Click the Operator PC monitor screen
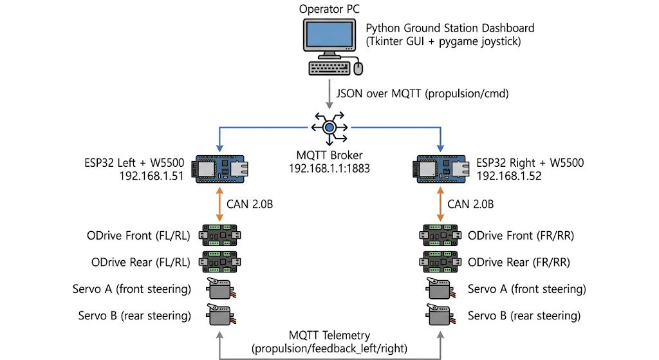pyautogui.click(x=329, y=35)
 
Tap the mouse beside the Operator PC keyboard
pyautogui.click(x=358, y=68)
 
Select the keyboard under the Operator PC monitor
pyautogui.click(x=329, y=68)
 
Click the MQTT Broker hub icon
pyautogui.click(x=329, y=128)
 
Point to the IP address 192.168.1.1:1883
pyautogui.click(x=329, y=169)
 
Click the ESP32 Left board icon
pyautogui.click(x=220, y=169)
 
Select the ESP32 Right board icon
pyautogui.click(x=440, y=169)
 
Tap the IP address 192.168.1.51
pyautogui.click(x=151, y=176)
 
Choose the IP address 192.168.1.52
pyautogui.click(x=509, y=176)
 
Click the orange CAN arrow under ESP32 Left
pyautogui.click(x=219, y=204)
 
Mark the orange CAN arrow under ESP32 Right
pyautogui.click(x=440, y=204)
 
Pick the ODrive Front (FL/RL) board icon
pyautogui.click(x=220, y=235)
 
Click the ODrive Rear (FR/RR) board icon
pyautogui.click(x=440, y=262)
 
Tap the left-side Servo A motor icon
pyautogui.click(x=221, y=289)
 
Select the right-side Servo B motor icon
pyautogui.click(x=441, y=315)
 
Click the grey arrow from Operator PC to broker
pyautogui.click(x=329, y=95)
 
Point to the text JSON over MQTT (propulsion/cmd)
pyautogui.click(x=422, y=93)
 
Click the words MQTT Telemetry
pyautogui.click(x=329, y=335)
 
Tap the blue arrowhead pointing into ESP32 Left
pyautogui.click(x=219, y=147)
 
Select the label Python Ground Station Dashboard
pyautogui.click(x=450, y=28)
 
